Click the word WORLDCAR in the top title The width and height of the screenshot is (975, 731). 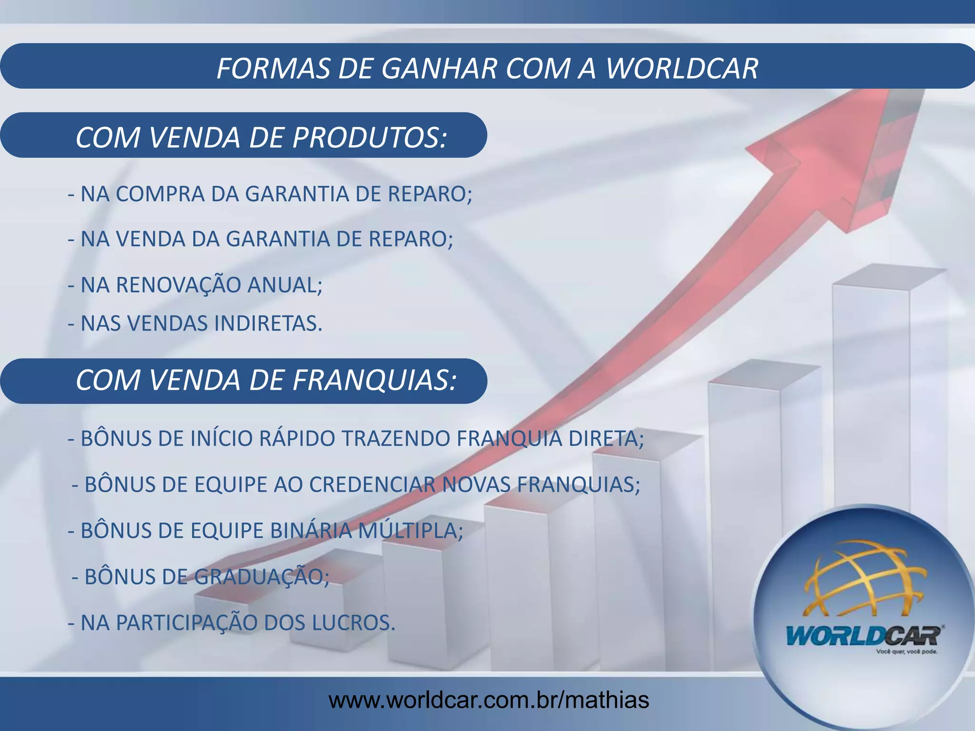682,68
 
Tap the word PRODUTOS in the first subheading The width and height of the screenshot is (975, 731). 369,138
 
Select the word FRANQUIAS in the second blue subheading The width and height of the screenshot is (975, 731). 374,381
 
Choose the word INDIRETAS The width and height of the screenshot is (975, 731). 269,324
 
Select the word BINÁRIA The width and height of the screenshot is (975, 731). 311,531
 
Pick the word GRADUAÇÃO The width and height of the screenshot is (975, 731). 261,577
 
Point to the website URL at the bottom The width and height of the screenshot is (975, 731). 488,700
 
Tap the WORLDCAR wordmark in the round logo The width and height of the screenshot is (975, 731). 864,636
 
